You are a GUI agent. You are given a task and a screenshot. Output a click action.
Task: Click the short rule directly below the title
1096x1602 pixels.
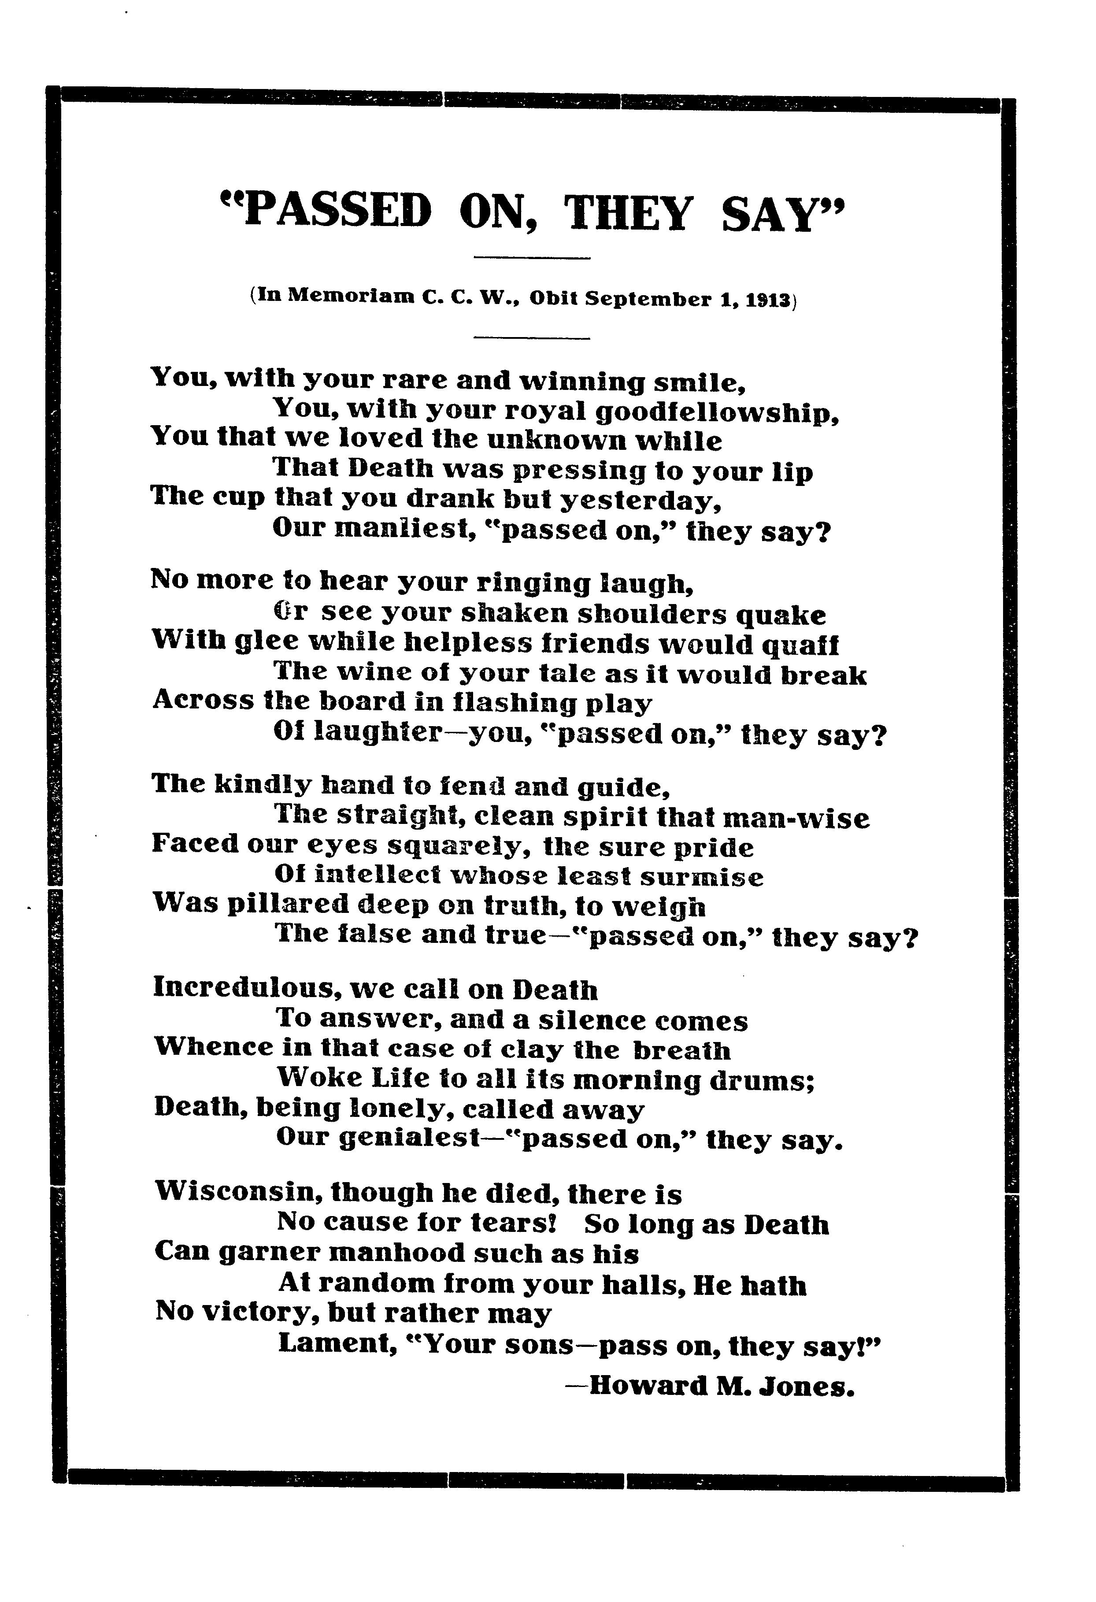pos(532,259)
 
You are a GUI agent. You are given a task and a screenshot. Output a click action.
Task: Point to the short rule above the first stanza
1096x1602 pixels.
pos(532,338)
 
